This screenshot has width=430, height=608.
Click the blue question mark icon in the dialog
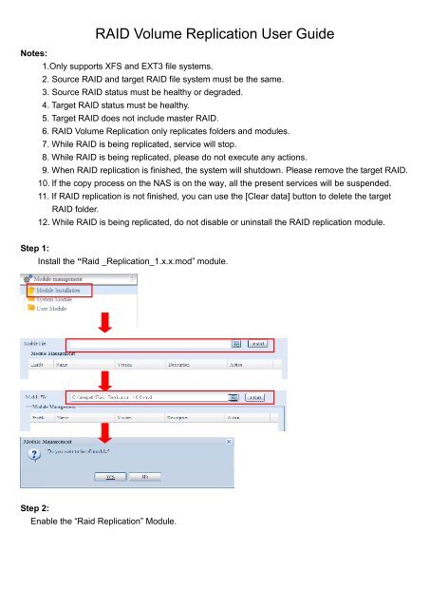click(34, 456)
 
